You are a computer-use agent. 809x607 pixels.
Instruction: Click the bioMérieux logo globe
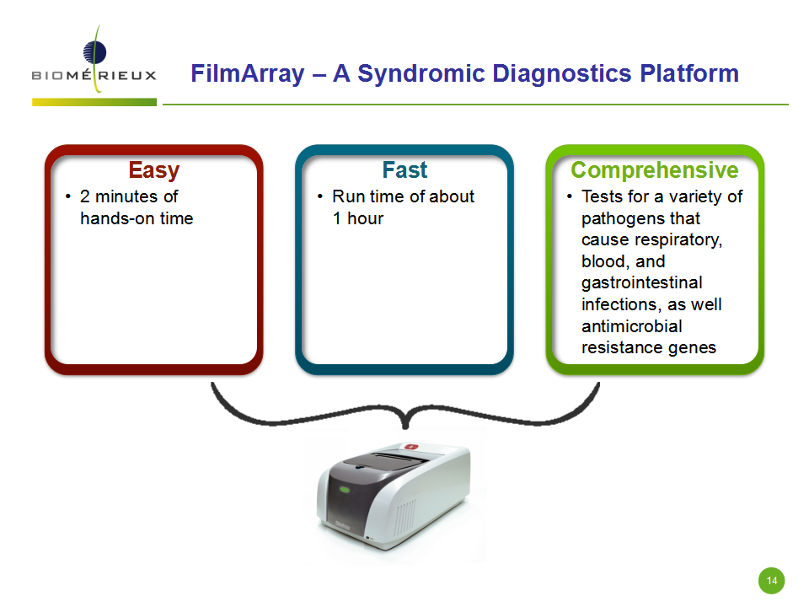coord(95,52)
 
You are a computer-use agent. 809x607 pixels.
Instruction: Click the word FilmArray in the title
coord(248,73)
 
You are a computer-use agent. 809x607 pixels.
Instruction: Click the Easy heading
coord(153,170)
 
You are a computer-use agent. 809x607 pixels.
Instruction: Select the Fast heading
coord(404,169)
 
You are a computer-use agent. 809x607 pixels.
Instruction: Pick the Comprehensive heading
coord(654,170)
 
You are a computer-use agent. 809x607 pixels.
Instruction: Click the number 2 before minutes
coord(85,196)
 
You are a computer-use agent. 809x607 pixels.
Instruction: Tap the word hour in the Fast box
coord(365,218)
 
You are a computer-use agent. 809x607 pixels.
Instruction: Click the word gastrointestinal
coord(642,283)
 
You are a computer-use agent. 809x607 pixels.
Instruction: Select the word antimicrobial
coord(631,326)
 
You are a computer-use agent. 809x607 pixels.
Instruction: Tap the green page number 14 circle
coord(771,581)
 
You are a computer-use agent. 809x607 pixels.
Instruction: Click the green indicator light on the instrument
coord(344,489)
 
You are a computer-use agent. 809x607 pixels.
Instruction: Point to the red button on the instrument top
coord(410,447)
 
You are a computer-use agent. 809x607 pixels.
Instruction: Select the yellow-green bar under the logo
coord(94,102)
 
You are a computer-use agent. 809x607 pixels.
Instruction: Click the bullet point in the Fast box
coord(320,196)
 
